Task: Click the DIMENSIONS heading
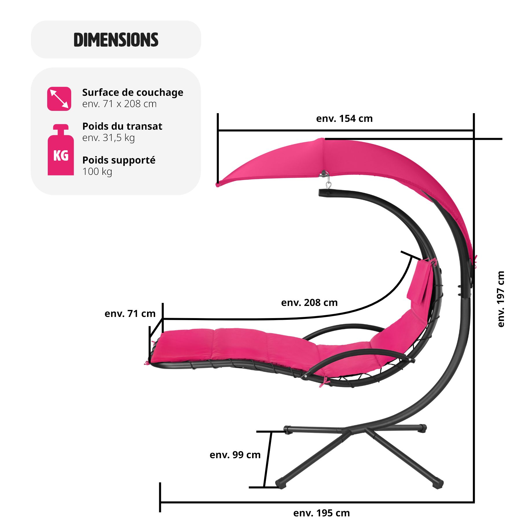tap(116, 40)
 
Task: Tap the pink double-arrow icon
tap(59, 99)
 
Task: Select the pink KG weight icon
tap(60, 151)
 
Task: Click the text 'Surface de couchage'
tap(133, 92)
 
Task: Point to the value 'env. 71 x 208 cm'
tap(119, 104)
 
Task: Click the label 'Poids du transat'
tap(122, 126)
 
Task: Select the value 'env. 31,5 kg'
tap(109, 138)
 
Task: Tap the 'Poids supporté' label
tap(119, 160)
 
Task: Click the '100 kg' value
tap(97, 171)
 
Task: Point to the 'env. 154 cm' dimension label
tap(344, 118)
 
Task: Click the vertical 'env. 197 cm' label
tap(501, 299)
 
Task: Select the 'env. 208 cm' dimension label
tap(309, 302)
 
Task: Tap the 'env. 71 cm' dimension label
tap(130, 313)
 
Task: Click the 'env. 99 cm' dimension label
tap(235, 455)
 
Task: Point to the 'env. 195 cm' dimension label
tap(321, 513)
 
